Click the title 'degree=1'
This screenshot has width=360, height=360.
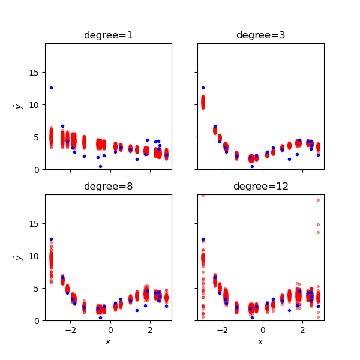coord(109,35)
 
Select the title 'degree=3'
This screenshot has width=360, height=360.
coord(260,35)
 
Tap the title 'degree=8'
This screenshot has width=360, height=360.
coord(109,187)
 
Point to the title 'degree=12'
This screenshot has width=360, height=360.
coord(260,187)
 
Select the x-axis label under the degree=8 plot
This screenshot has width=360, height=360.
coord(108,341)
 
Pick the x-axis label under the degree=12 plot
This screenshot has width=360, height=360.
coord(260,341)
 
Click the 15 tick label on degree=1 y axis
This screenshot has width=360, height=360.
coord(34,73)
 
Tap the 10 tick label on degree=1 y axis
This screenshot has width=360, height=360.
coord(34,105)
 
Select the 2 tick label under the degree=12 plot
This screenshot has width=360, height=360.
coord(302,330)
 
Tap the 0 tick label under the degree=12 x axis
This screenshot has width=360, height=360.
coord(263,330)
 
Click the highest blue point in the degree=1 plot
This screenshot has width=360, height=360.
coord(51,88)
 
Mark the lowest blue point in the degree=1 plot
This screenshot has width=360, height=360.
coord(100,166)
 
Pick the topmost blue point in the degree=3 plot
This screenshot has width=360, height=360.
coord(203,88)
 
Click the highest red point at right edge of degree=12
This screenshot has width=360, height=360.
coord(318,200)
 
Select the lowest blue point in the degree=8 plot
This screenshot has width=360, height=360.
coord(100,317)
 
